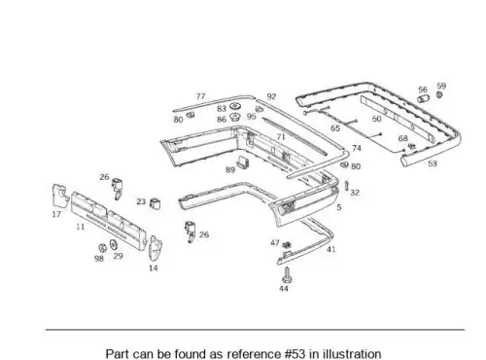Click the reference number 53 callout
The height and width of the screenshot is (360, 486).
(x=433, y=163)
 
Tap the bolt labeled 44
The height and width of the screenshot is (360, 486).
(x=287, y=275)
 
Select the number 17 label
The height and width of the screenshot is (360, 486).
(x=56, y=214)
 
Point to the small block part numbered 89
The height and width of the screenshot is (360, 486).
(x=244, y=162)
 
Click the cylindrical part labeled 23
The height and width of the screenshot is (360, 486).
(x=156, y=203)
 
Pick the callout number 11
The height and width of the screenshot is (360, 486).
(x=81, y=227)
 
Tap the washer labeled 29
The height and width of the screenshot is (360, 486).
(x=113, y=244)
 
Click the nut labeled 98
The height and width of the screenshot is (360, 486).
(x=102, y=248)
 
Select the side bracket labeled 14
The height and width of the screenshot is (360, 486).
(x=156, y=249)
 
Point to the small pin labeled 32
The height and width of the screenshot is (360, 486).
(x=346, y=186)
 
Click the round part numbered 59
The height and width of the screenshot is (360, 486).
(x=439, y=94)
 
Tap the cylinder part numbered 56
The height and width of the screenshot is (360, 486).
(x=423, y=98)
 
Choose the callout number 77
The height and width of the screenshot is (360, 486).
(x=200, y=96)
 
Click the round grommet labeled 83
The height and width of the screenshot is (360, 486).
(x=234, y=106)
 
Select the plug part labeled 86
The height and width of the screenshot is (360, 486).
(x=234, y=117)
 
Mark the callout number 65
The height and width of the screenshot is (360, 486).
(x=335, y=128)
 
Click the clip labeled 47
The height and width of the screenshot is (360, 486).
(x=287, y=244)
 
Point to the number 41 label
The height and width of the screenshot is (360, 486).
(x=330, y=249)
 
